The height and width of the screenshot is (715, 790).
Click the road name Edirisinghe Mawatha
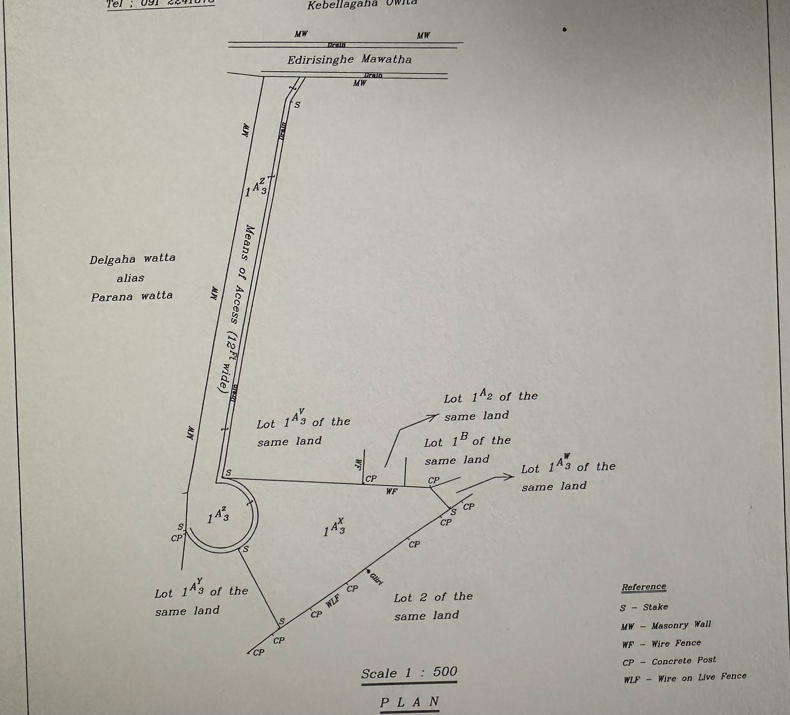coord(349,60)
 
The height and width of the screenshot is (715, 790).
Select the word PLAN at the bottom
coord(409,702)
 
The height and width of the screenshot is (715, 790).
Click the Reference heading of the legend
coord(643,587)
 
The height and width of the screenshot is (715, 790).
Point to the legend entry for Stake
coord(644,607)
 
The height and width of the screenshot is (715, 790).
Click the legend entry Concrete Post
coord(669,661)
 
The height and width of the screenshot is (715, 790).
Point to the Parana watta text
coord(132,296)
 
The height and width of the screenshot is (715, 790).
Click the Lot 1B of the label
coord(467,441)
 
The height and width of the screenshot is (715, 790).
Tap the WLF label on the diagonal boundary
coord(333,601)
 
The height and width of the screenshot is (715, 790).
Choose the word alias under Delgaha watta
coord(130,278)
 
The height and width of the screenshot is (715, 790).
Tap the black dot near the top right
coord(564,30)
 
